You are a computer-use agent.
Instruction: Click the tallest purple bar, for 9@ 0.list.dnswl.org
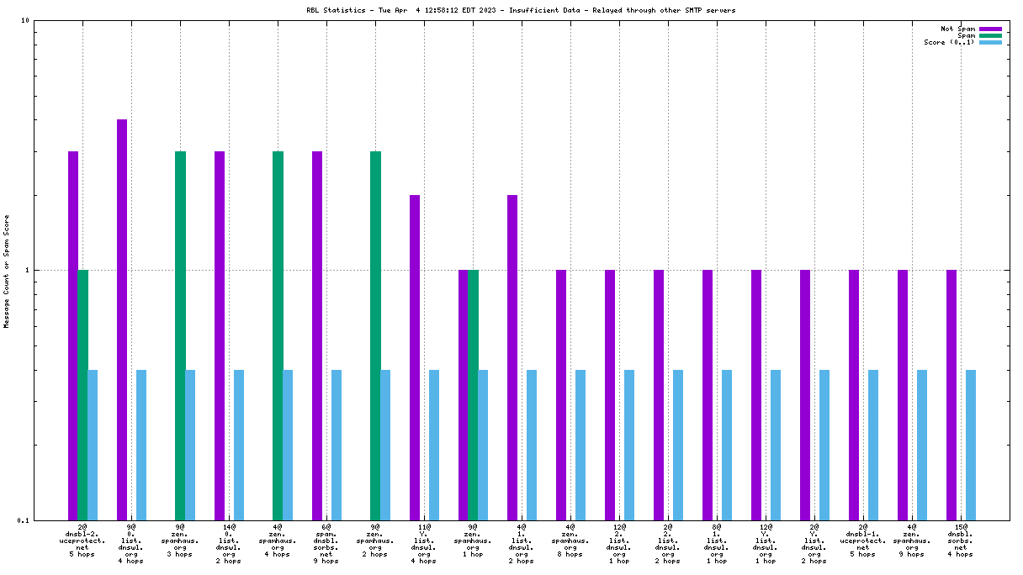[122, 319]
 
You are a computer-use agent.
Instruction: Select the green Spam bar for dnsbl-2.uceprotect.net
[82, 394]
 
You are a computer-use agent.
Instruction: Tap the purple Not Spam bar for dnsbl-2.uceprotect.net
[73, 335]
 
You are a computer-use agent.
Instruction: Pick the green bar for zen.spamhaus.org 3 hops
[180, 335]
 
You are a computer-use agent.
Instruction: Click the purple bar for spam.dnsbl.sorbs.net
[317, 335]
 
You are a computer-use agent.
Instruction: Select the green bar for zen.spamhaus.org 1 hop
[473, 394]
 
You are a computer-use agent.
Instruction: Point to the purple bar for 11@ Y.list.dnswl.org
[415, 357]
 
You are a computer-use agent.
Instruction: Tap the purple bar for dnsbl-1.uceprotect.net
[854, 394]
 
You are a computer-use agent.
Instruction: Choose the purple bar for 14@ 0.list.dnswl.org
[220, 335]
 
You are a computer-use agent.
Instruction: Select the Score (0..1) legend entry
[949, 42]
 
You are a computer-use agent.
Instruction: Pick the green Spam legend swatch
[990, 35]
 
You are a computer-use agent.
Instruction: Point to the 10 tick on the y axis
[25, 21]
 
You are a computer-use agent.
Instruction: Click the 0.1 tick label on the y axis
[24, 520]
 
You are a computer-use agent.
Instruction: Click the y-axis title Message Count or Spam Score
[7, 271]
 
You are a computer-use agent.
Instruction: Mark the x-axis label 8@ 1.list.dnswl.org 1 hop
[717, 544]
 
